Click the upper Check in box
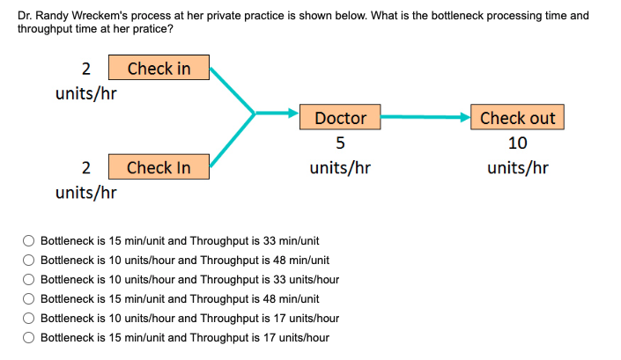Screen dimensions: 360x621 coord(159,69)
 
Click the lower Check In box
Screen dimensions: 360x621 coord(159,167)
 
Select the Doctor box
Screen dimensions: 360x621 coord(340,118)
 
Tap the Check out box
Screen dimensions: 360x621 coord(518,118)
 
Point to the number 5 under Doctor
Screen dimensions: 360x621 coord(340,143)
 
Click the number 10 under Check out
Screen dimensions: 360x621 coord(518,143)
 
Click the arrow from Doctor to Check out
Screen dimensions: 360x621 coord(427,116)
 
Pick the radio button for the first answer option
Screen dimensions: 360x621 coord(29,239)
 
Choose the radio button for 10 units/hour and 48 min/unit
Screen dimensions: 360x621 coord(29,260)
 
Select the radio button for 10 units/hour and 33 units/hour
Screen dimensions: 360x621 coord(29,279)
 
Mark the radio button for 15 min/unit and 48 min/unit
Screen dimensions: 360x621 coord(29,298)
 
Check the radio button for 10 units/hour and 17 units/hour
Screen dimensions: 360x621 coord(29,318)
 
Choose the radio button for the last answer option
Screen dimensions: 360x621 coord(29,337)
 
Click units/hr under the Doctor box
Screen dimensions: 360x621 coord(340,167)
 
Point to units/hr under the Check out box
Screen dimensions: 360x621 coord(518,167)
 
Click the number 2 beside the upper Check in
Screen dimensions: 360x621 coord(86,69)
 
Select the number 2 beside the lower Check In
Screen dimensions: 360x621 coord(86,167)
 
